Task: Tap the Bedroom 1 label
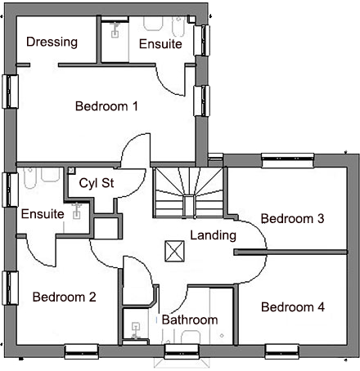106,106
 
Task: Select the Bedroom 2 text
64,297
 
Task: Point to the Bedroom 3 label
293,219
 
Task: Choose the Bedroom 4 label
293,307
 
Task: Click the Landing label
213,236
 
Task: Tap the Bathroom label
189,320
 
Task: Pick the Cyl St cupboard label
96,183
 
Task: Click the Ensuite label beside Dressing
160,44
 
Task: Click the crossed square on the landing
173,248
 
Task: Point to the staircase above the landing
188,193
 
